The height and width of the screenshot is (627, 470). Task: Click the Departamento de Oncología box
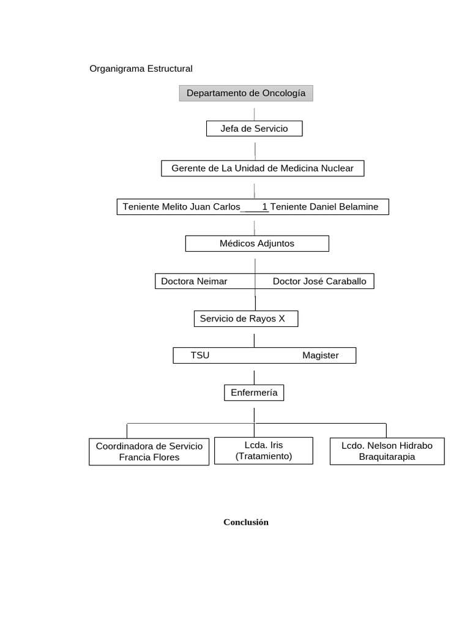point(246,93)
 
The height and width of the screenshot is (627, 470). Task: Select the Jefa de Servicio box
point(254,129)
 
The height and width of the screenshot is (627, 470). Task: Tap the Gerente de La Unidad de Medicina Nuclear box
point(263,168)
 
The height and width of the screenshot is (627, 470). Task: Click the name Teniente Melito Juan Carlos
point(181,207)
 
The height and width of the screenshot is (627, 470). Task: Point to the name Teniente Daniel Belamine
point(324,207)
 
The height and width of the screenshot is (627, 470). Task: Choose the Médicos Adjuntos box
point(257,244)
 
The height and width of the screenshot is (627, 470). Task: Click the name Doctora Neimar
point(194,282)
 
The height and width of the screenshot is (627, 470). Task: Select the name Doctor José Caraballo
point(319,282)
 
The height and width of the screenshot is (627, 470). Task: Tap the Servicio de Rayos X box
point(246,318)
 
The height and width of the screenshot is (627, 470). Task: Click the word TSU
point(200,356)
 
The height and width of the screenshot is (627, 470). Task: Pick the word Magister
point(320,356)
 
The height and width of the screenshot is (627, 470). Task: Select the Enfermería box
point(254,393)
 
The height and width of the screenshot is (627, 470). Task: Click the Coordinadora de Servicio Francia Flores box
point(149,451)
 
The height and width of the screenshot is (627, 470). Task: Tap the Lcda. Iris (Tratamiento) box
point(264,451)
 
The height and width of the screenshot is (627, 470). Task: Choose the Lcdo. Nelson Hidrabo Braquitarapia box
point(387,451)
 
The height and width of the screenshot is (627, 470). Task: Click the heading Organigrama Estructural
point(141,69)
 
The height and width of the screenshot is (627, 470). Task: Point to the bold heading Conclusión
point(246,522)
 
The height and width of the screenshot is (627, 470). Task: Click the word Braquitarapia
point(387,457)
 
